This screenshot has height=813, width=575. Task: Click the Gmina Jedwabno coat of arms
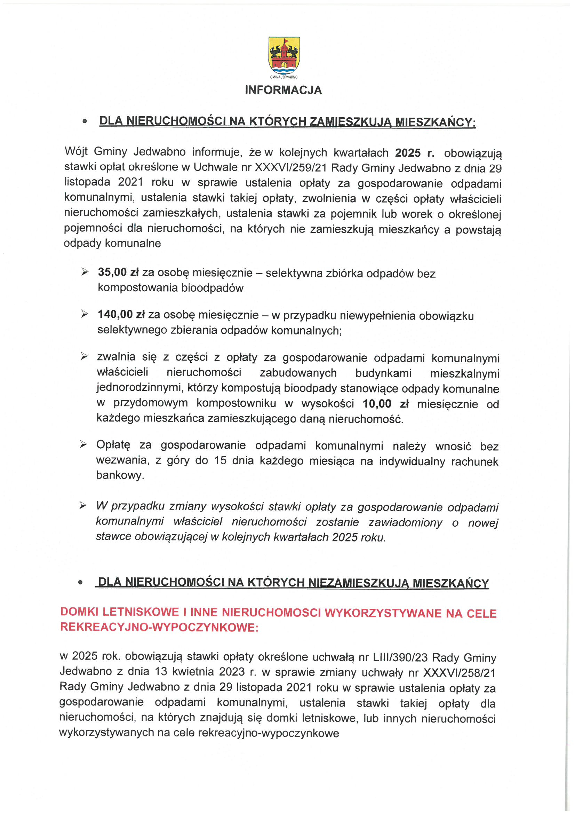click(284, 55)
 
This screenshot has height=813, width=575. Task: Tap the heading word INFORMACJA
click(283, 90)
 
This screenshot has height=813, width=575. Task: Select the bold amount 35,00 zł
click(118, 273)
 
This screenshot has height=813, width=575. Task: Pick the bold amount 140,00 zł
click(121, 315)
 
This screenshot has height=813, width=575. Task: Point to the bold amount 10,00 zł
click(385, 404)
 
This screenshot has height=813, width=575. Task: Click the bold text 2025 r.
click(415, 153)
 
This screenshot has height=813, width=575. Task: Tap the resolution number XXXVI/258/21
click(459, 672)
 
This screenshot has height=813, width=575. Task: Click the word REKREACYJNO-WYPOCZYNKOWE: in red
click(159, 627)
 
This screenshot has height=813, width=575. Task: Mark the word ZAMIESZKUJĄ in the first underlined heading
click(350, 122)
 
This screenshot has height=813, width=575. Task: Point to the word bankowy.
click(120, 475)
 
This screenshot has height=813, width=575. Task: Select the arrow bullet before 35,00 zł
click(85, 272)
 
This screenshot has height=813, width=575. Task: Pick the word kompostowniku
click(236, 403)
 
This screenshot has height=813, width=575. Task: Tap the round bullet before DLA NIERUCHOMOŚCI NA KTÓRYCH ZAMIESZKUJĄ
click(85, 121)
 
